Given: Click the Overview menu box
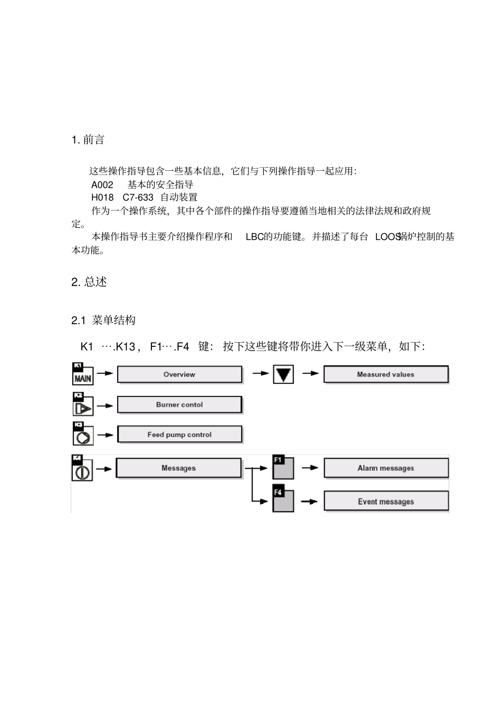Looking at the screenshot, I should [179, 375].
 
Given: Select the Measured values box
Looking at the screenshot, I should [386, 375].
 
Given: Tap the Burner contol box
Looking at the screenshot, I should [179, 405].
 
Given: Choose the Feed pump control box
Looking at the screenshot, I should [179, 435].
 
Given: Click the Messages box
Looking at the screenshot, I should [178, 468].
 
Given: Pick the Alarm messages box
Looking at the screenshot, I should [386, 468].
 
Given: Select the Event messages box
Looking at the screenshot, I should [386, 501].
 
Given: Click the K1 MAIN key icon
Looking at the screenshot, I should [82, 374].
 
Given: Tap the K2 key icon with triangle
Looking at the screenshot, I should [83, 404].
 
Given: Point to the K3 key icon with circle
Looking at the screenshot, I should [83, 434].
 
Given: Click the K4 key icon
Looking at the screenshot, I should [82, 468].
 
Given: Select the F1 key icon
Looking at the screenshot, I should [283, 467].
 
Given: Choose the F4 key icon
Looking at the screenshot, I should [283, 500].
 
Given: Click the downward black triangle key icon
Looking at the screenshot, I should [283, 375].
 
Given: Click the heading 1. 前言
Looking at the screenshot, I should [88, 140].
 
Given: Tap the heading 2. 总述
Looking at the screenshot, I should [89, 282].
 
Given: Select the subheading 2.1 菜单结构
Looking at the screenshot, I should [103, 320].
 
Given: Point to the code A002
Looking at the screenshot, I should [102, 184].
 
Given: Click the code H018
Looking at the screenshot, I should [102, 198].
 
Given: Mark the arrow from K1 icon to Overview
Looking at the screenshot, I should [105, 373].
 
